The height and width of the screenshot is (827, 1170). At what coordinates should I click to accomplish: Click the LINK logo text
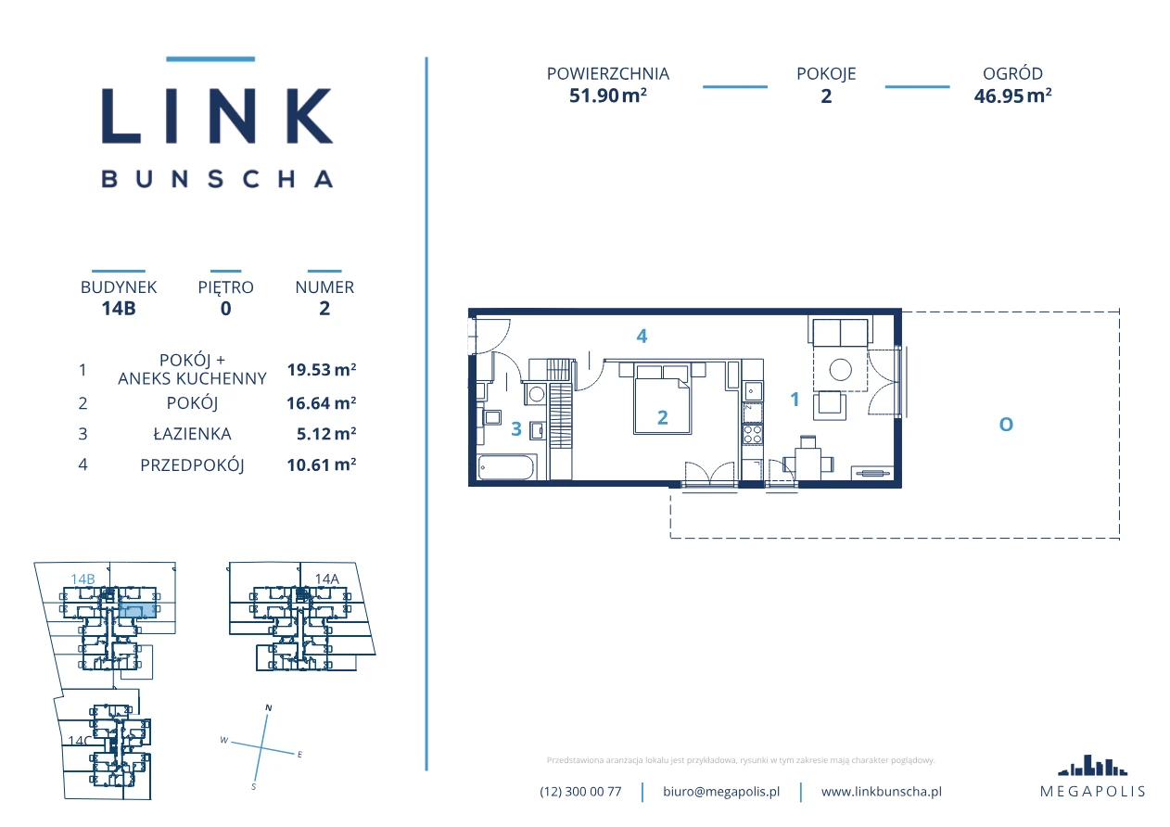[x=217, y=116]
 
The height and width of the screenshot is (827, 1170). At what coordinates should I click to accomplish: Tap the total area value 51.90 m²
[x=608, y=95]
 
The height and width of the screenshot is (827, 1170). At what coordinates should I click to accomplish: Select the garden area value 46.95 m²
[x=1012, y=96]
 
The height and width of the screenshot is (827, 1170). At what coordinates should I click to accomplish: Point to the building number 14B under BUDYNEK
[x=119, y=308]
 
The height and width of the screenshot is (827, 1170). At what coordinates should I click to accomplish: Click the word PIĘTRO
[x=225, y=287]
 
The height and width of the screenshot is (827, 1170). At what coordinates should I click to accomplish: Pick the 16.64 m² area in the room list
[x=321, y=402]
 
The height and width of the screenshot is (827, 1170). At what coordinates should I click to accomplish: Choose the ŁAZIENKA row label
[x=192, y=434]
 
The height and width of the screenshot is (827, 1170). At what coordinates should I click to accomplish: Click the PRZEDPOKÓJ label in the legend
[x=192, y=465]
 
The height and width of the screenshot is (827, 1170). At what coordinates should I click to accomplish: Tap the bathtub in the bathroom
[x=506, y=467]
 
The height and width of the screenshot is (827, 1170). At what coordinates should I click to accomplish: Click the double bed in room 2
[x=662, y=401]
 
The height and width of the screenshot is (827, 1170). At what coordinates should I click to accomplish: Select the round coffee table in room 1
[x=840, y=370]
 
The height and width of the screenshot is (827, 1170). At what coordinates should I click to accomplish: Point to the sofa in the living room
[x=840, y=331]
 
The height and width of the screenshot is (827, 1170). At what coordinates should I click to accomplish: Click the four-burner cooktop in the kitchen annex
[x=753, y=435]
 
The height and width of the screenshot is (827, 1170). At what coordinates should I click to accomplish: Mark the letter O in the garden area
[x=1006, y=425]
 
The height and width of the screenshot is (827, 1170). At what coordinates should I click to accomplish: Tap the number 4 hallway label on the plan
[x=642, y=336]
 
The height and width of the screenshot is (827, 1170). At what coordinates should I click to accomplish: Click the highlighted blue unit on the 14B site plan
[x=137, y=611]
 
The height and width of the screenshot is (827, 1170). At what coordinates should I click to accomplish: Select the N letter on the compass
[x=269, y=708]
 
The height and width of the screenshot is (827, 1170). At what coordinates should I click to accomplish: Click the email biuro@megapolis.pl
[x=721, y=792]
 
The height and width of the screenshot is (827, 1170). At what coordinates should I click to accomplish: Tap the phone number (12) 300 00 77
[x=580, y=792]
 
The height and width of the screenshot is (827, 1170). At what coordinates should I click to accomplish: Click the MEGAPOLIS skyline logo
[x=1093, y=766]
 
